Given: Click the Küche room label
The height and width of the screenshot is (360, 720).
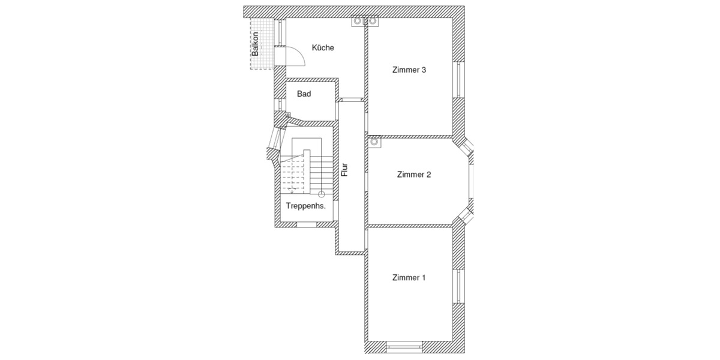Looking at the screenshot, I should click(x=323, y=48).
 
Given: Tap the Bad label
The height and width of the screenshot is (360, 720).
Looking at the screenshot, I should click(x=304, y=94).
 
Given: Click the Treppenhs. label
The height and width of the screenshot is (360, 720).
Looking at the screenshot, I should click(x=305, y=206).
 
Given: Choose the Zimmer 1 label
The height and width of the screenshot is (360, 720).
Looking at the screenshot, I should click(x=409, y=278).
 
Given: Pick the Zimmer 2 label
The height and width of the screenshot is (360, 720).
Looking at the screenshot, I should click(x=414, y=175).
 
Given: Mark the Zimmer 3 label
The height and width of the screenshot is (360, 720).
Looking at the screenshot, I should click(x=409, y=70).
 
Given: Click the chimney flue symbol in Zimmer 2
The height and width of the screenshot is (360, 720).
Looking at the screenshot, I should click(x=374, y=143).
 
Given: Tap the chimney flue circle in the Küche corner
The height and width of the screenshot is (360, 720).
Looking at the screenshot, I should click(x=358, y=22).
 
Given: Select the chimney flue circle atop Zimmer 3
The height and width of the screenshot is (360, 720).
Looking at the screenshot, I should click(x=372, y=22).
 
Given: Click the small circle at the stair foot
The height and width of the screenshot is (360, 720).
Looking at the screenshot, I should click(x=322, y=194).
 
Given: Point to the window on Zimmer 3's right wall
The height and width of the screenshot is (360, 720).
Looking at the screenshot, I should click(x=459, y=80).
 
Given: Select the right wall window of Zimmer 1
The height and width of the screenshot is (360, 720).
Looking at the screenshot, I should click(x=459, y=287).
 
